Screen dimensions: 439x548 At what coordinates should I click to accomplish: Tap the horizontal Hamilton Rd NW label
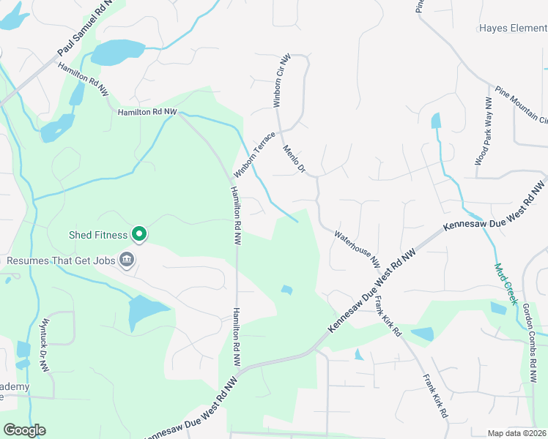147,111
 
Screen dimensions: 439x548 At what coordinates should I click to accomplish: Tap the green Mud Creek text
506,284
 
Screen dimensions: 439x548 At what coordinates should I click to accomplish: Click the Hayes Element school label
513,29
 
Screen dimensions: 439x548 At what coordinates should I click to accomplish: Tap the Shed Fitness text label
98,235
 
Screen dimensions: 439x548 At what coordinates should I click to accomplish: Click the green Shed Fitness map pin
139,234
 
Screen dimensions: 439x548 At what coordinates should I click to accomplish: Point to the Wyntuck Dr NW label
45,337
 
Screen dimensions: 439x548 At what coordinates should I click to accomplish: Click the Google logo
24,430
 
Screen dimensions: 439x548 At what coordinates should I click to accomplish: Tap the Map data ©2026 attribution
517,433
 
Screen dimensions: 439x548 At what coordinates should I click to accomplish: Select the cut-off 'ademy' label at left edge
15,387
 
